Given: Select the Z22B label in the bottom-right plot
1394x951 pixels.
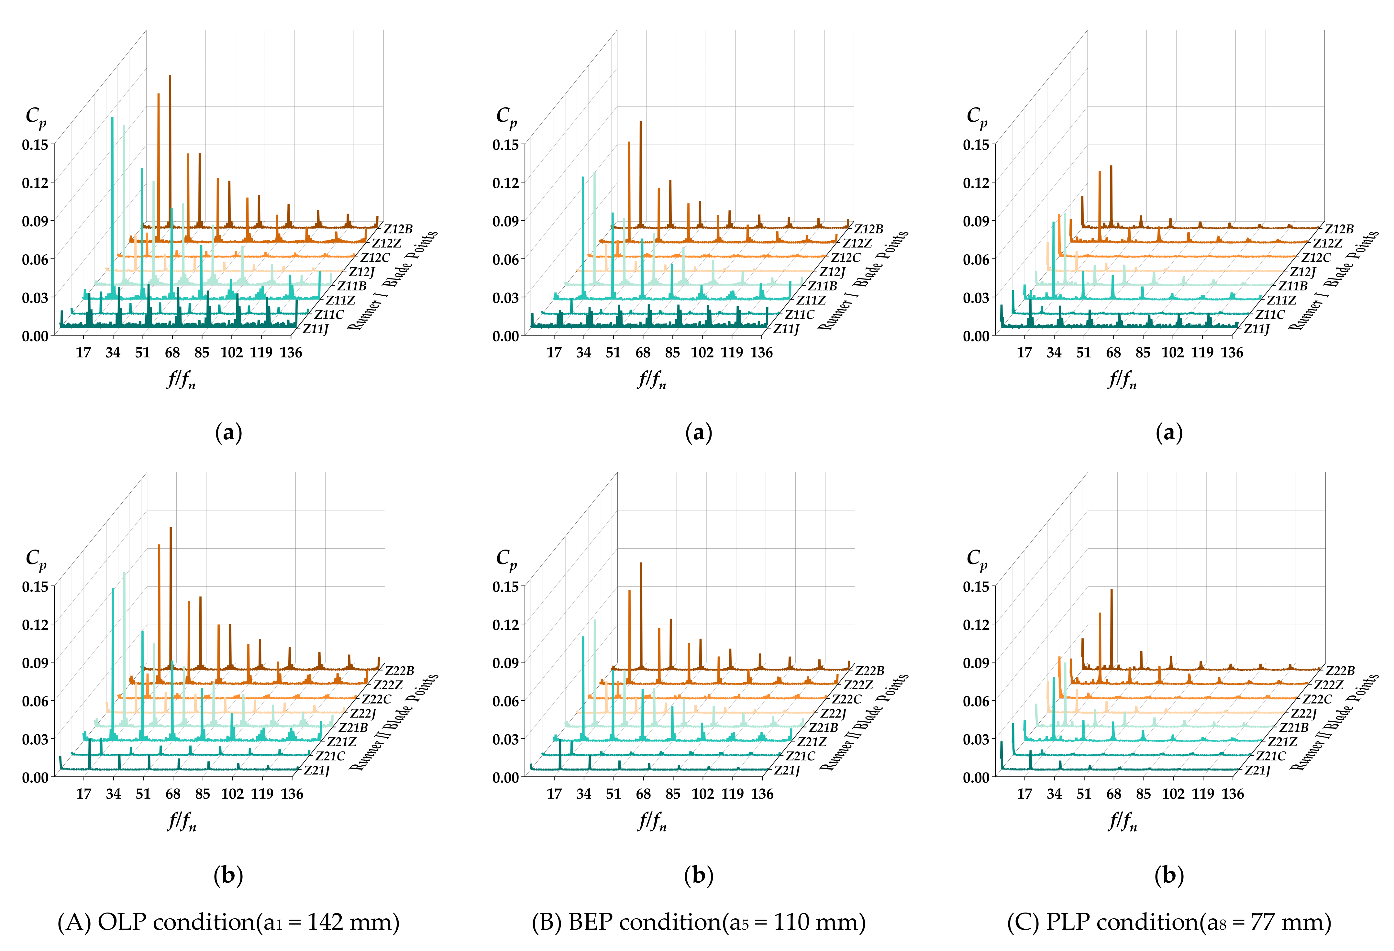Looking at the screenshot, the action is pos(1340,670).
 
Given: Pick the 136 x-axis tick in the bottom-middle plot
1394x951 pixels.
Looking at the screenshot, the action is pos(762,794).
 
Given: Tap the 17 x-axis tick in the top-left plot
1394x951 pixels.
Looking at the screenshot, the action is pos(83,353).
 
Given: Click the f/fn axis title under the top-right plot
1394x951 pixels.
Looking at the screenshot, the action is pos(1122,379).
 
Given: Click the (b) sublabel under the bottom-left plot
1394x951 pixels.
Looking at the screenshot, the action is pos(228,876).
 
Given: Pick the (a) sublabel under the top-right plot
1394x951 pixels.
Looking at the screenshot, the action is pos(1169,433).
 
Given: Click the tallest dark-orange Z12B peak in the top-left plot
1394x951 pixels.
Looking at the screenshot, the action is pos(170,76).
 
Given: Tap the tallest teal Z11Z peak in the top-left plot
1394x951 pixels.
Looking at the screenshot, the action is pos(112,118).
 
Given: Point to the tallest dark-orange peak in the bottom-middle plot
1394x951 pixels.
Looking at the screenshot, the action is pos(641,563).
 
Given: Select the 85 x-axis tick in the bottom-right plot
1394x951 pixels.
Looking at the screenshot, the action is pos(1143,794).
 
